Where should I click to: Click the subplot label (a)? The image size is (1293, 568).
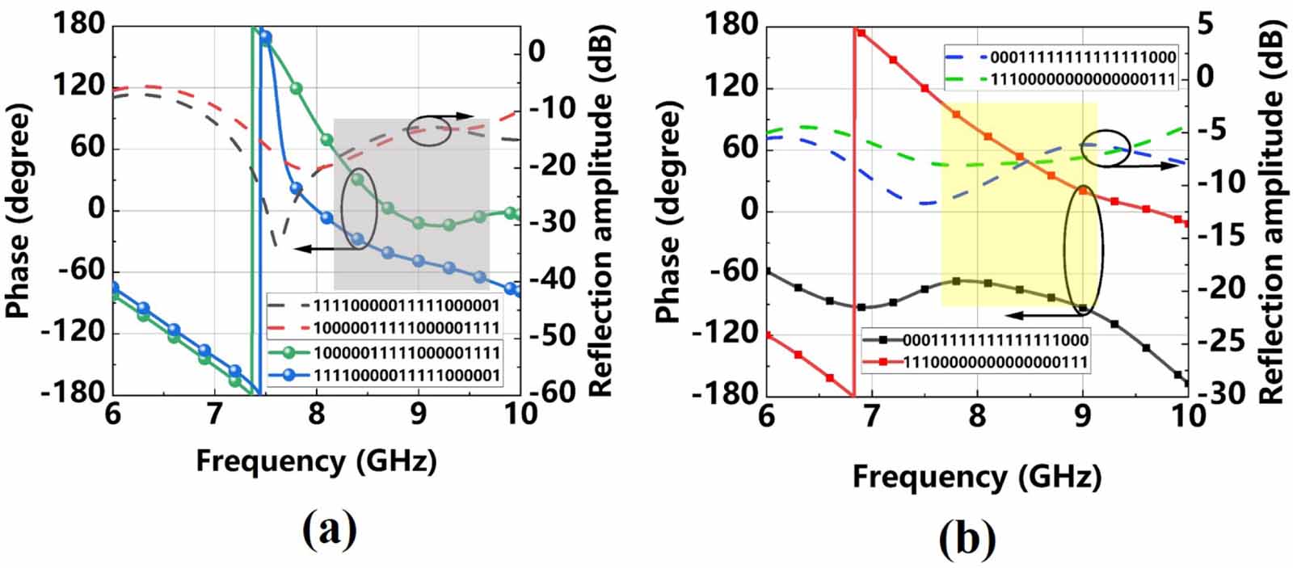[330, 531]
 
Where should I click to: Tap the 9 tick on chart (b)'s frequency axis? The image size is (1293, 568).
[1083, 415]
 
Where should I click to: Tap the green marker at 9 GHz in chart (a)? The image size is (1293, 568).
[419, 223]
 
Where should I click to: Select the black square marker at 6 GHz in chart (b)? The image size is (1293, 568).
[767, 271]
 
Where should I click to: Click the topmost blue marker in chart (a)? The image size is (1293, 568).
[265, 38]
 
